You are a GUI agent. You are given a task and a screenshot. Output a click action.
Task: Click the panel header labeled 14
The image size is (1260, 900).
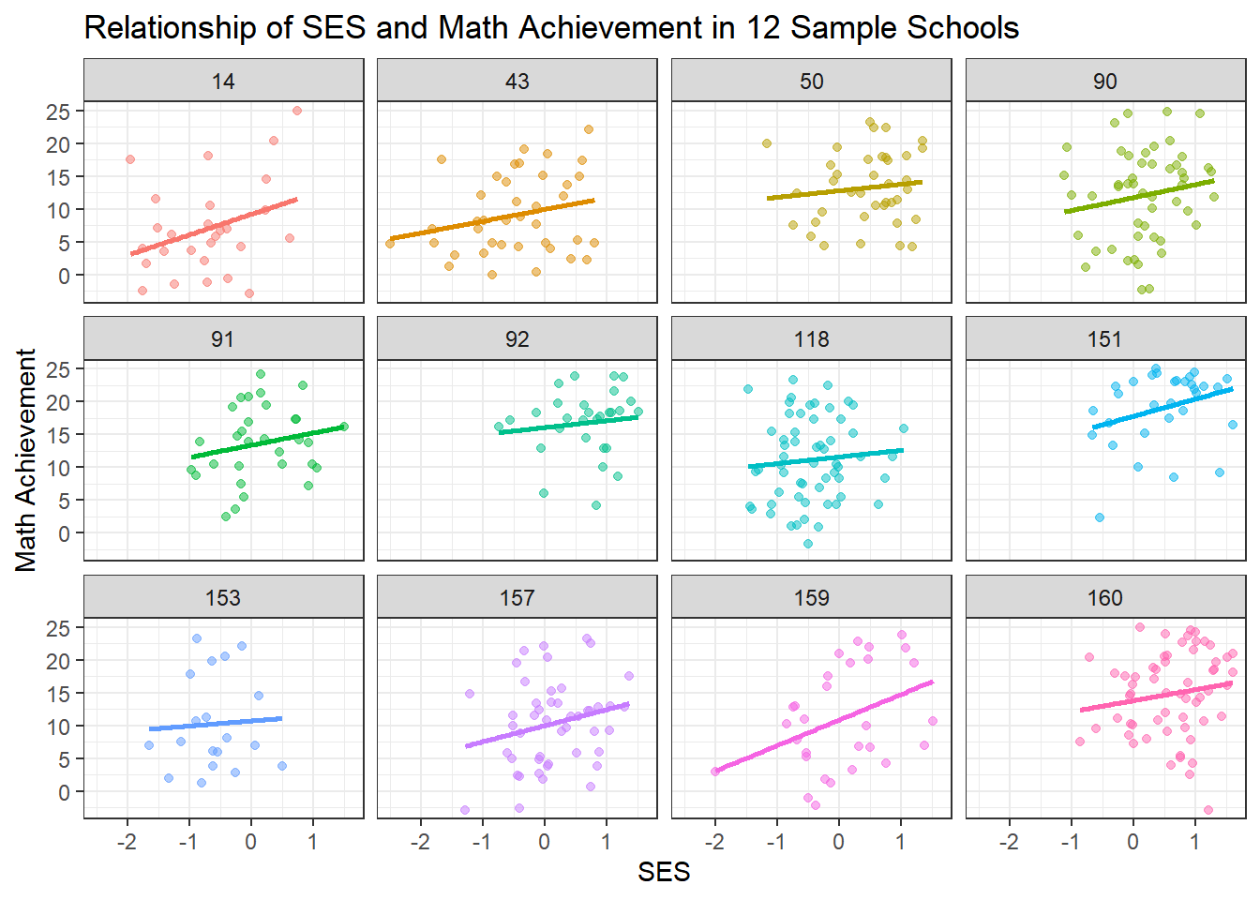point(223,82)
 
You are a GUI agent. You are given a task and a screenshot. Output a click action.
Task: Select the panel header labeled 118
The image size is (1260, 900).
point(811,339)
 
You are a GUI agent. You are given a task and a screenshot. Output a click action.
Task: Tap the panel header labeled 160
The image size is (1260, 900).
point(1105,598)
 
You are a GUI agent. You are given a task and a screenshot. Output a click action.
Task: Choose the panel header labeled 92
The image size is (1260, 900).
point(517,339)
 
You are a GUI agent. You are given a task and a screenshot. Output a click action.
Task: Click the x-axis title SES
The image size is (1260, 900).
point(664,873)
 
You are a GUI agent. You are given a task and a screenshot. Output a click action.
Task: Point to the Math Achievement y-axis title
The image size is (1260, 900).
point(26,460)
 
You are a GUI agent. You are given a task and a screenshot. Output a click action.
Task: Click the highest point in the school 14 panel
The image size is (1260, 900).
point(297,111)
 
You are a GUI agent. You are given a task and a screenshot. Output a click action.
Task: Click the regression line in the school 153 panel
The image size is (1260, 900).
point(216,724)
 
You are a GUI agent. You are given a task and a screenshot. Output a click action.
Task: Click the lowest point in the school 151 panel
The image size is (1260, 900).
point(1100,517)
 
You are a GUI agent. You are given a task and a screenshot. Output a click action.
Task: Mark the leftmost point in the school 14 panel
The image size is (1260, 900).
point(130,159)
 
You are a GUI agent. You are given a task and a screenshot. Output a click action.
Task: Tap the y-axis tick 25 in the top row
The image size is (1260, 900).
point(58,112)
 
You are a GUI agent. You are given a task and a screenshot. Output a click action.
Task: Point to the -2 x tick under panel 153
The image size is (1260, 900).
point(127,842)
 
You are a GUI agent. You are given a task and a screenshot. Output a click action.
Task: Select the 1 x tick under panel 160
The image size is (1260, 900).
point(1194,842)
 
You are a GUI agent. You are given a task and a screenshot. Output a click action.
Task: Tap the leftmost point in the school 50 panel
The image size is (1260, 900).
point(767,143)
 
